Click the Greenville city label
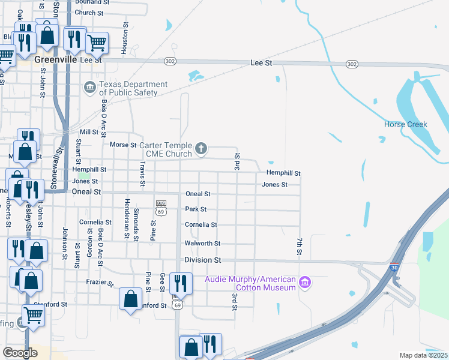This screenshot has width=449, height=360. (56, 60)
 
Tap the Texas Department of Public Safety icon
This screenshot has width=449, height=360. (89, 88)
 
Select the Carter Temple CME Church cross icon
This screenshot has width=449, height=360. (202, 148)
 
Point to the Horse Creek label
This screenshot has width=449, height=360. (405, 125)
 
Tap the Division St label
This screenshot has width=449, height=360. (202, 260)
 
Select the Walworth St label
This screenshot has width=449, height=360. (202, 244)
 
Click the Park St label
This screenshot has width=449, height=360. (196, 209)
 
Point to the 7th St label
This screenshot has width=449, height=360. (298, 246)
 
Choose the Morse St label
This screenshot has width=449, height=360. (123, 145)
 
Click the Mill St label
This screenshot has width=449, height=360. (89, 132)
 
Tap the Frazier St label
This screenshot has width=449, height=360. (100, 282)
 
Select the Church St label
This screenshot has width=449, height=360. (89, 13)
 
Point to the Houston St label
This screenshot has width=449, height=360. (125, 38)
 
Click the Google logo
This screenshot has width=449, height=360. (20, 353)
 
